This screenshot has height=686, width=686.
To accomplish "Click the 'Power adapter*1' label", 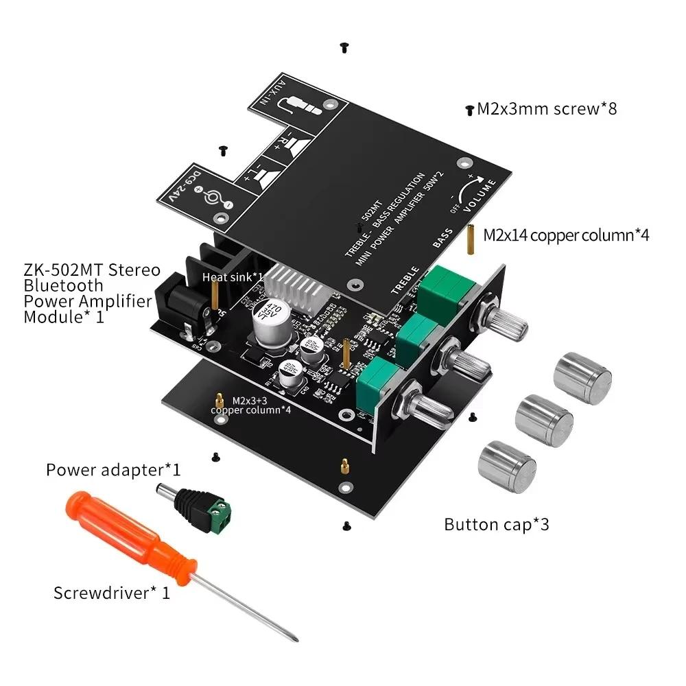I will [113, 470].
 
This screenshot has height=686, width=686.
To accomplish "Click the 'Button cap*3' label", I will [497, 525].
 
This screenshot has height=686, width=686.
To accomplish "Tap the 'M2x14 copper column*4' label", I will [566, 235].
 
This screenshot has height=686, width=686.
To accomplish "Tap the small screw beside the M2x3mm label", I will [470, 109].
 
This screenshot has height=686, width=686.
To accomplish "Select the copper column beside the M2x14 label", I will [473, 238].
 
